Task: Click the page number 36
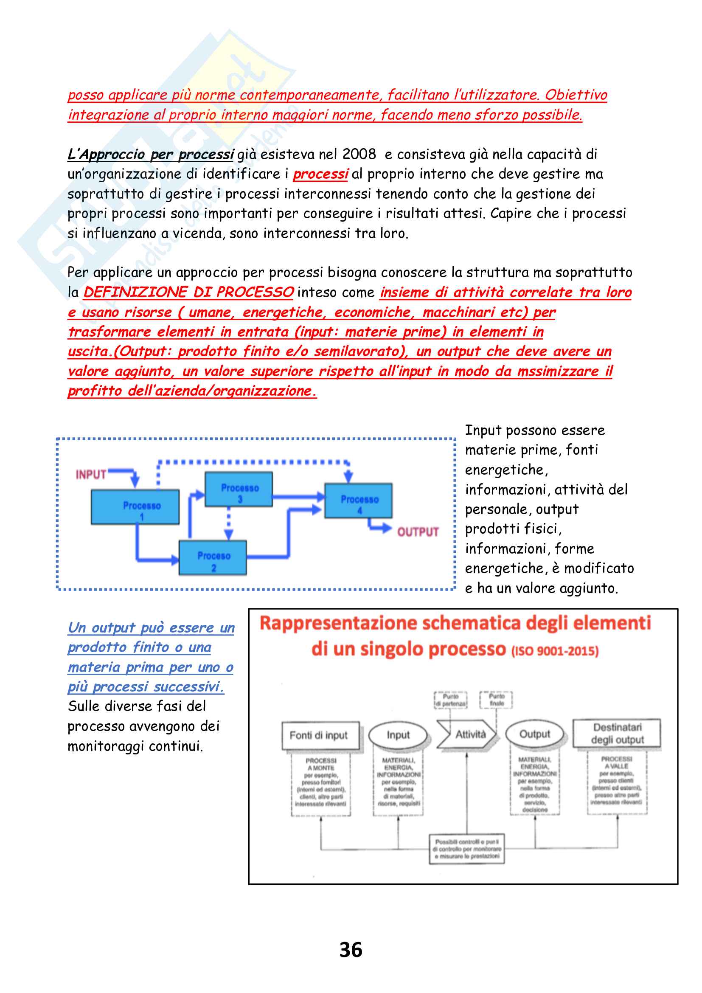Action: coord(351,950)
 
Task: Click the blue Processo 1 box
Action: coord(135,507)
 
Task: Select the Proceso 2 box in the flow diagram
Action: coord(213,557)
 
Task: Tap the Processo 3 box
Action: coord(239,489)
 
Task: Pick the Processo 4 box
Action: coord(358,501)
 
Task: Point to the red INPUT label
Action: coord(91,475)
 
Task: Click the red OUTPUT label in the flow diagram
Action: coord(418,532)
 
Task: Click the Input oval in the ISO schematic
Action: coord(398,735)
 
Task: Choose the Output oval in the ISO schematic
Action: coord(535,734)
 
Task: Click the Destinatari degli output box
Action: coord(617,734)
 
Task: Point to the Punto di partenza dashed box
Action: coord(450,700)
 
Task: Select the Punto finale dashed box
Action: coord(496,699)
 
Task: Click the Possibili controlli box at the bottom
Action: coord(467,849)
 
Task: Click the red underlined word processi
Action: coord(320,174)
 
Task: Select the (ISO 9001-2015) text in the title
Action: coord(555,651)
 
